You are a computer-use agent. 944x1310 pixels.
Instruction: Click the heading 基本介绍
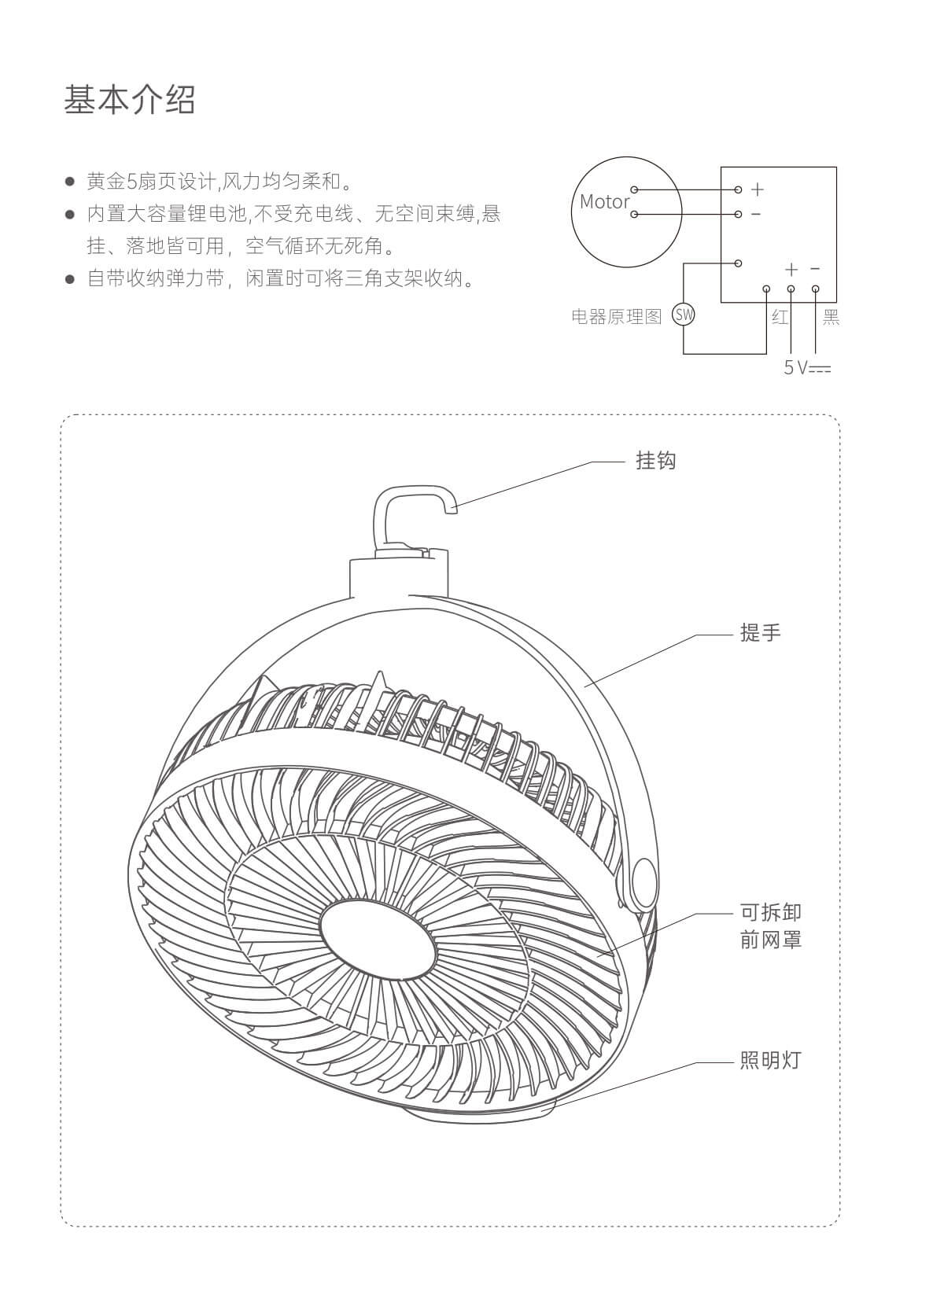(130, 100)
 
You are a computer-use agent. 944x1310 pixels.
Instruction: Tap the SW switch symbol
(684, 315)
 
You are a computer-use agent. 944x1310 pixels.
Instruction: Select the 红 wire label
(780, 317)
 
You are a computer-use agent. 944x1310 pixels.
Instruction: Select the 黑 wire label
(831, 317)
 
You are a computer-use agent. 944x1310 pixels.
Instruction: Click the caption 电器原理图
(617, 317)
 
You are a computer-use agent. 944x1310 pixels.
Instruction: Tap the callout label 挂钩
(655, 460)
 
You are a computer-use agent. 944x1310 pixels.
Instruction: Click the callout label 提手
(760, 632)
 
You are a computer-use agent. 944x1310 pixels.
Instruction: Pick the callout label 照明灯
(770, 1060)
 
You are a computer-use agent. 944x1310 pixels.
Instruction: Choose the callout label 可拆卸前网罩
(770, 925)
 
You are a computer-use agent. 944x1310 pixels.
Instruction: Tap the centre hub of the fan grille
(378, 940)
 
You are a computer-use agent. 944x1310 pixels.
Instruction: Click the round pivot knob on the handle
(644, 884)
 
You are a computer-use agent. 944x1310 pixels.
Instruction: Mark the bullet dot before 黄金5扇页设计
(70, 182)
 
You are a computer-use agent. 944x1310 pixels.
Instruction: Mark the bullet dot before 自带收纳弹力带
(70, 278)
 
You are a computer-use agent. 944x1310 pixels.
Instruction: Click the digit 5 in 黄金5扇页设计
(132, 182)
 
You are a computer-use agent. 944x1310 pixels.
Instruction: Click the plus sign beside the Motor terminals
(757, 190)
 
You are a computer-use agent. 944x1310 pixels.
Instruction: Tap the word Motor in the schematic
(604, 201)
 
